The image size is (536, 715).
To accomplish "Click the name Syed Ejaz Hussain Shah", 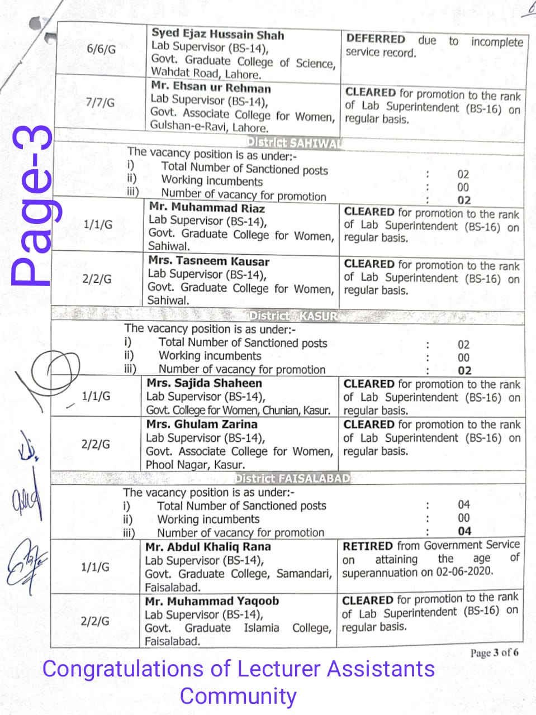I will (x=217, y=34).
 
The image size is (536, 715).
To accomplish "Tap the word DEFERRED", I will (x=376, y=39).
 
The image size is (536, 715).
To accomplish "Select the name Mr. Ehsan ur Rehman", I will (x=211, y=88).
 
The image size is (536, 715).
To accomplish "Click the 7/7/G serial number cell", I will (x=101, y=103).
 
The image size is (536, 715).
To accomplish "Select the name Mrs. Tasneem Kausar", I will (x=208, y=261).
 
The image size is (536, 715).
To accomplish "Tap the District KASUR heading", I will (x=293, y=316).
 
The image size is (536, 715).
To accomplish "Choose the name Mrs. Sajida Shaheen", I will (x=204, y=383).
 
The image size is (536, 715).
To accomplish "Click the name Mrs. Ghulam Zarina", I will (x=202, y=424).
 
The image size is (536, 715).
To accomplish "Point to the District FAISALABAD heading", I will (x=292, y=479).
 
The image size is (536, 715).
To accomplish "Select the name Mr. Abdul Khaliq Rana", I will (x=208, y=547).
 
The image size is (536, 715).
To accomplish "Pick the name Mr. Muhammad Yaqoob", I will (x=212, y=601).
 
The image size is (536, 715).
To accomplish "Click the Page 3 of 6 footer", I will (x=494, y=652).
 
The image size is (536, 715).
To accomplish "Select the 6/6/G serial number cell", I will (x=102, y=49).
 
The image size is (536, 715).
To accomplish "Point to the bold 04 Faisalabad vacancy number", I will (x=464, y=531).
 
